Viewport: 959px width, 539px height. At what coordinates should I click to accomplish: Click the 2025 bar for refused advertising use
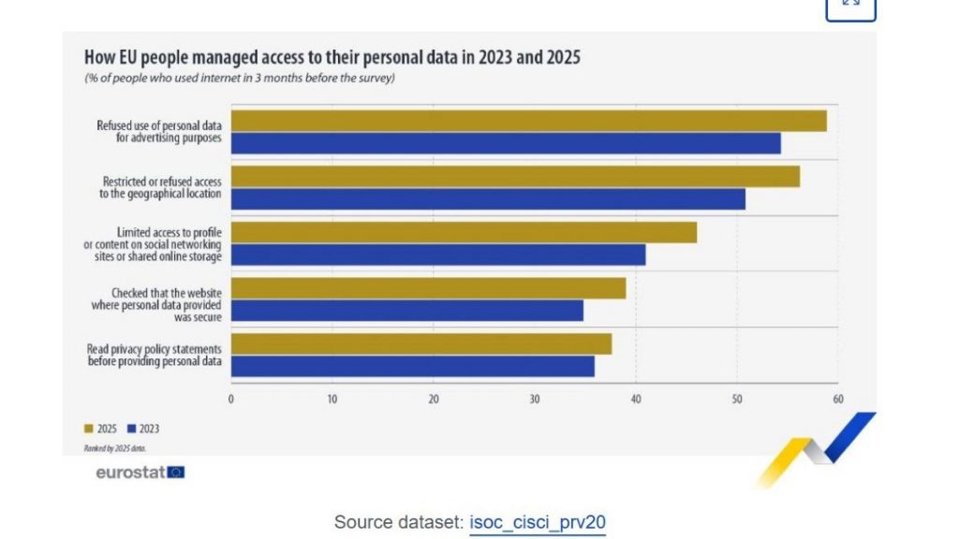528,121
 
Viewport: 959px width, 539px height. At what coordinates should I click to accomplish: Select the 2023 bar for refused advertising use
506,143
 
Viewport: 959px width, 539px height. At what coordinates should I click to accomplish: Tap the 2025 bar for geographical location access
515,176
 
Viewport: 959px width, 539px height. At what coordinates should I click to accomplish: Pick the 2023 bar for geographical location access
488,198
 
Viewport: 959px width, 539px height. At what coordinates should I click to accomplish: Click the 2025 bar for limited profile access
464,232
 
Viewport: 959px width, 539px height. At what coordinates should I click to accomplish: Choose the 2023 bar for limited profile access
438,255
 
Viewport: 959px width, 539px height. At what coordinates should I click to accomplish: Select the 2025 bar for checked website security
428,288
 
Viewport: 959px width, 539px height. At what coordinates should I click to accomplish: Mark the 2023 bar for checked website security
407,311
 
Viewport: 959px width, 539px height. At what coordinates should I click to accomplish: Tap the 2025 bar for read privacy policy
421,343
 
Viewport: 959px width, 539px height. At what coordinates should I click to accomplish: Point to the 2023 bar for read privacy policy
413,366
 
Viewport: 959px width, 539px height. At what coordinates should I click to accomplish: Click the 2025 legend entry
100,429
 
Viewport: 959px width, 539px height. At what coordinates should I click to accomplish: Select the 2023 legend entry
142,429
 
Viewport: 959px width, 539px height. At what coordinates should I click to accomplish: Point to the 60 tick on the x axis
837,399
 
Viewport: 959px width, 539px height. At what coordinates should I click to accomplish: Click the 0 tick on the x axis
231,399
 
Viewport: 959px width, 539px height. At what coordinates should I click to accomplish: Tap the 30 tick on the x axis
535,399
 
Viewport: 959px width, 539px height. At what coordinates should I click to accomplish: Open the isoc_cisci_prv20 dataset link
538,522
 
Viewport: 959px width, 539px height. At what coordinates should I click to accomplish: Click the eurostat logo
140,473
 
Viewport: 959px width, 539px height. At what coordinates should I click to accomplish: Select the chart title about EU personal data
332,57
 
